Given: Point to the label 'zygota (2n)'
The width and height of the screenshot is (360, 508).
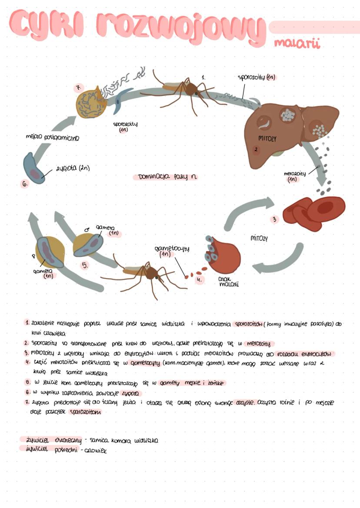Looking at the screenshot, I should (x=72, y=168).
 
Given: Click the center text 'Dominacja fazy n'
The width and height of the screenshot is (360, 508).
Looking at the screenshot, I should (x=165, y=177).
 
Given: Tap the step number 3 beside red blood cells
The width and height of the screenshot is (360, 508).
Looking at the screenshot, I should (x=274, y=220).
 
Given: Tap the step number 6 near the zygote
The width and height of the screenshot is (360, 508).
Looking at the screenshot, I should (x=26, y=184).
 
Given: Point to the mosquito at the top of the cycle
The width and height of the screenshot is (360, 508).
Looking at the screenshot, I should (x=187, y=89).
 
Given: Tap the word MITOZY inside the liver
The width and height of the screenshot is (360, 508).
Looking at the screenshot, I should (x=267, y=138).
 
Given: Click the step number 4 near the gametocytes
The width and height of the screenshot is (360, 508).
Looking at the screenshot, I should (x=199, y=280).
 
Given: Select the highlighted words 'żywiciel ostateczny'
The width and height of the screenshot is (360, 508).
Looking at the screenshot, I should (x=48, y=440).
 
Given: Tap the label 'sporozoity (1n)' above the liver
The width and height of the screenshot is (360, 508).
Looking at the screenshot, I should (x=257, y=77).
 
